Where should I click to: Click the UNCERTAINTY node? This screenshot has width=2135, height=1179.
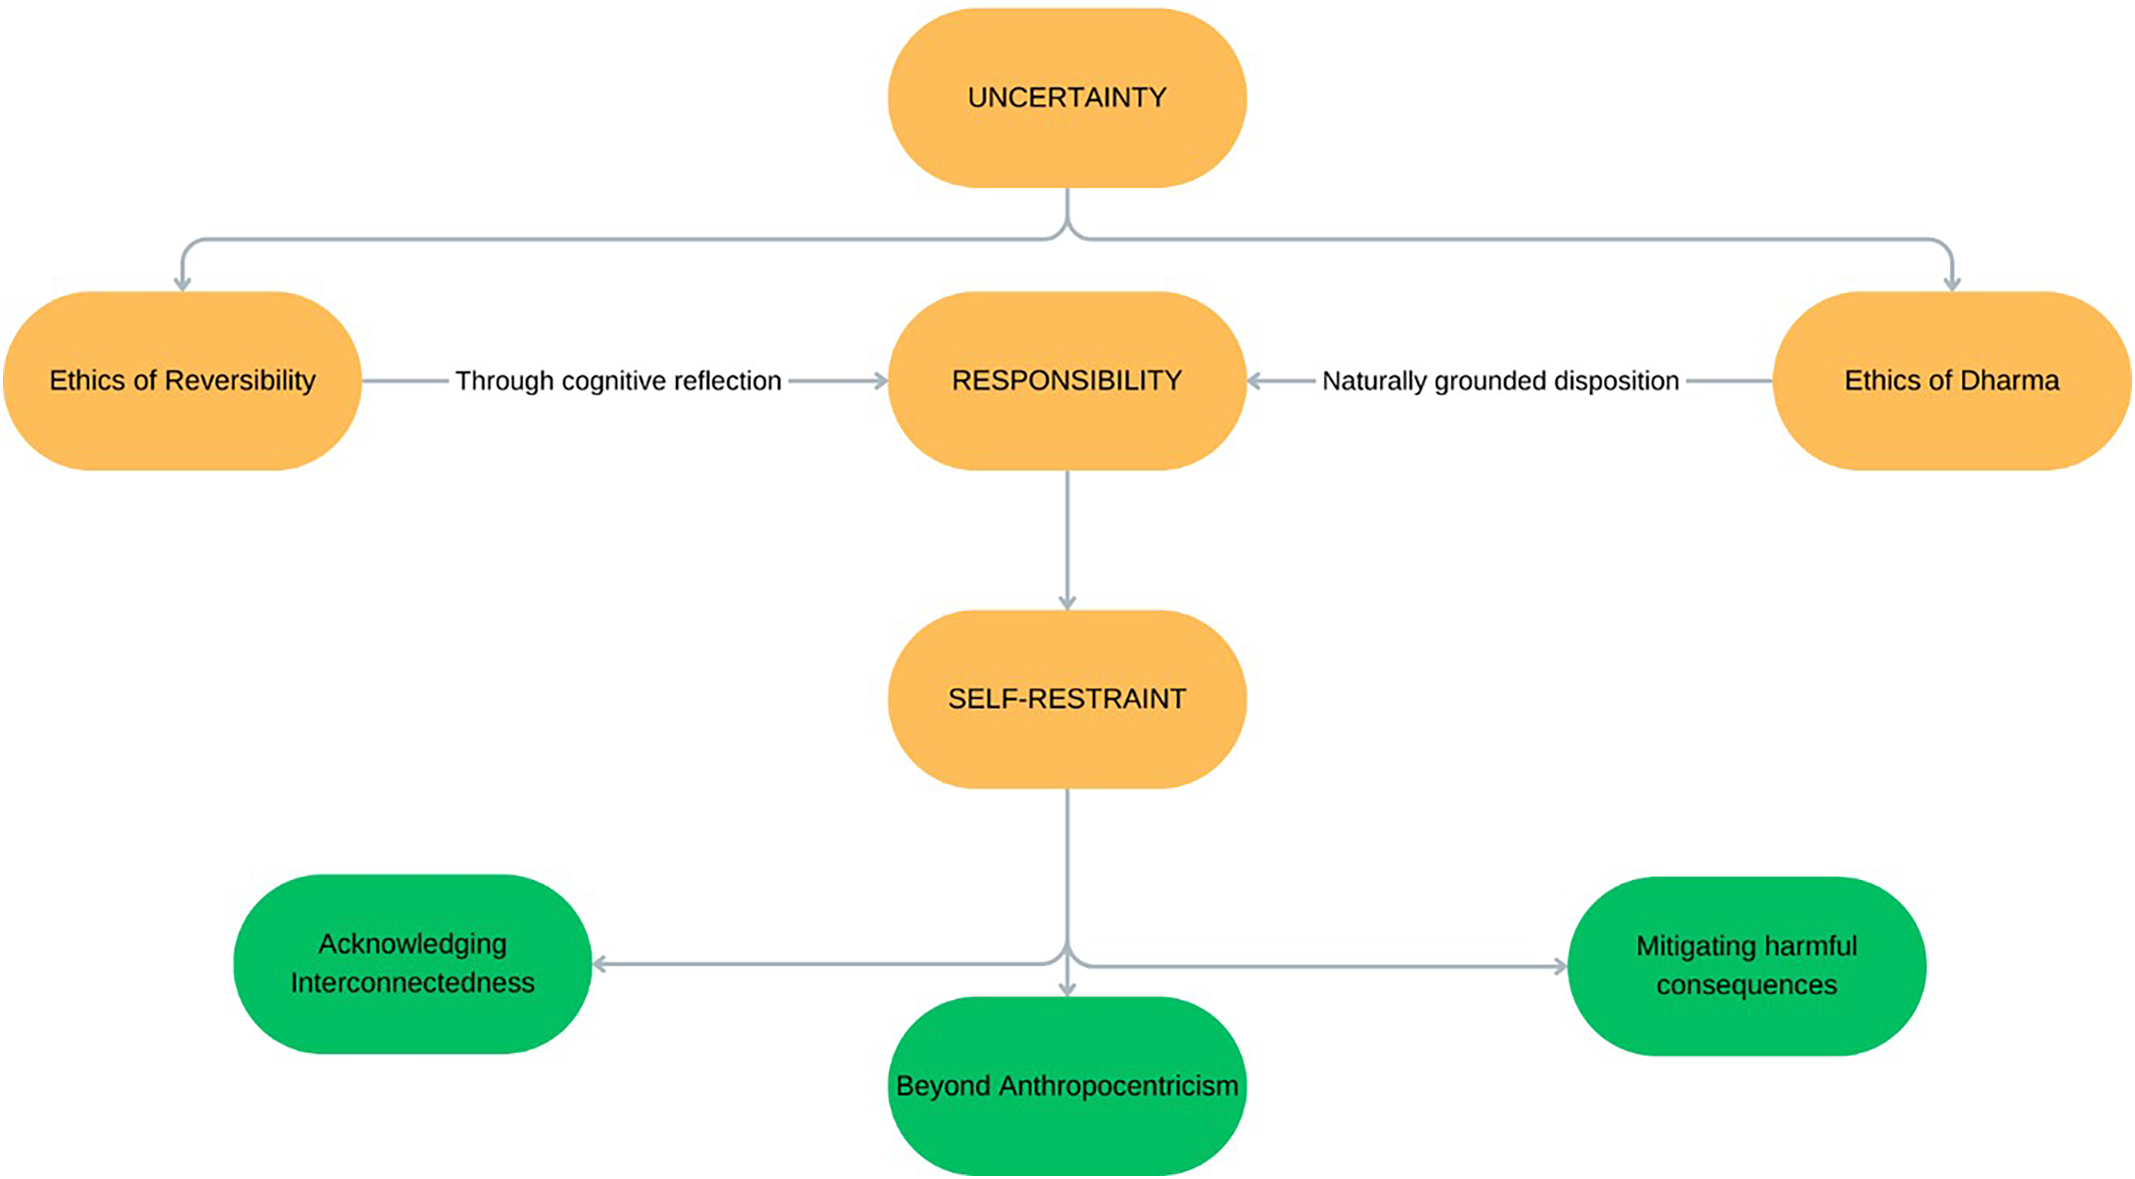1067,97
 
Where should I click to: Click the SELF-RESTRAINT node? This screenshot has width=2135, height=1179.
1067,699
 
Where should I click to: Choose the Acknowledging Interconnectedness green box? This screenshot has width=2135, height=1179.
413,964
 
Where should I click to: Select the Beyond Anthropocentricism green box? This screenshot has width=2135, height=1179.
1067,1086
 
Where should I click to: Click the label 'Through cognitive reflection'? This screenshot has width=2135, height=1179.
619,381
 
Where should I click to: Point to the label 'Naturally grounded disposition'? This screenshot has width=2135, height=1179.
1500,381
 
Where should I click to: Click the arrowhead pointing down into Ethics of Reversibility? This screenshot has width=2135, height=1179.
182,283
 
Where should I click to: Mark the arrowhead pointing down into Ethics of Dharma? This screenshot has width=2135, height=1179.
1952,283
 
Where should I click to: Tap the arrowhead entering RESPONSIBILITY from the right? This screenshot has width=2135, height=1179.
1255,381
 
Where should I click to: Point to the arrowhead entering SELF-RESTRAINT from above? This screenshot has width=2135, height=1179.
1067,602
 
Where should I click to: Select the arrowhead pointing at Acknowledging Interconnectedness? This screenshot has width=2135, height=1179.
601,964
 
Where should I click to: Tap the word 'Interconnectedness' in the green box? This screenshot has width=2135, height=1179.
413,983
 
